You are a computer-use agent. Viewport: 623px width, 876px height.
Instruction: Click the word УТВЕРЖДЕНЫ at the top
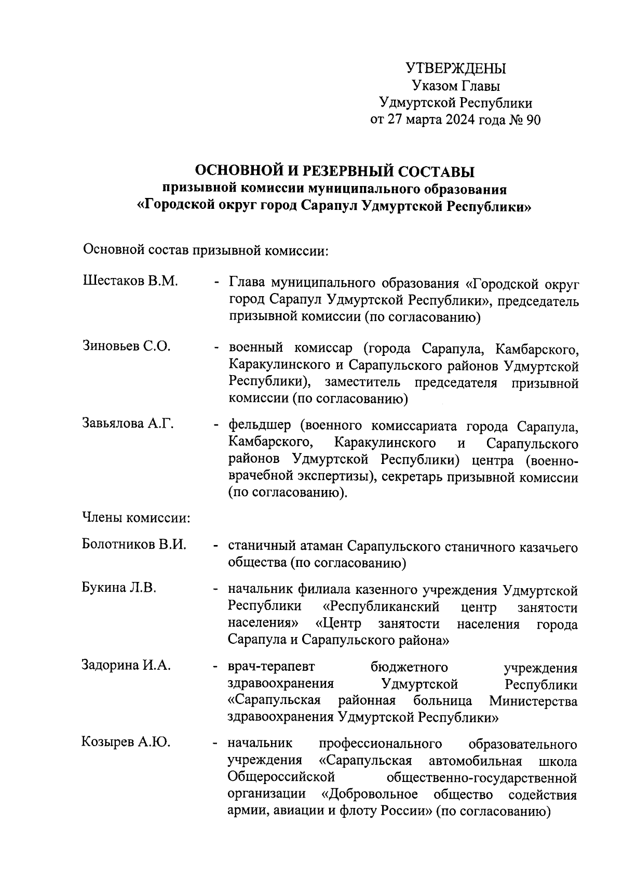click(455, 69)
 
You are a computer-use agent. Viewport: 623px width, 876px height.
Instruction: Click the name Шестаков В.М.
click(130, 282)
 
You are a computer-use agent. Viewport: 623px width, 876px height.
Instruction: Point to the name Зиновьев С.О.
click(127, 347)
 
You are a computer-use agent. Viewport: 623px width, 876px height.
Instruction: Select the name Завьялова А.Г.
click(128, 424)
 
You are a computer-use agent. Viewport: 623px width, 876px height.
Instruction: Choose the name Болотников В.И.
click(134, 545)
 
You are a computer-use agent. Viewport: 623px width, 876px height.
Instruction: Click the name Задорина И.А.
click(126, 665)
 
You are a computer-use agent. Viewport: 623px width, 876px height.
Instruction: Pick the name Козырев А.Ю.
click(126, 742)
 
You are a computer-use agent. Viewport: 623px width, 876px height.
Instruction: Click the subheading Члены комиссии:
click(136, 518)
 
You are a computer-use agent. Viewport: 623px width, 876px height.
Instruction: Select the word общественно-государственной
click(482, 778)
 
